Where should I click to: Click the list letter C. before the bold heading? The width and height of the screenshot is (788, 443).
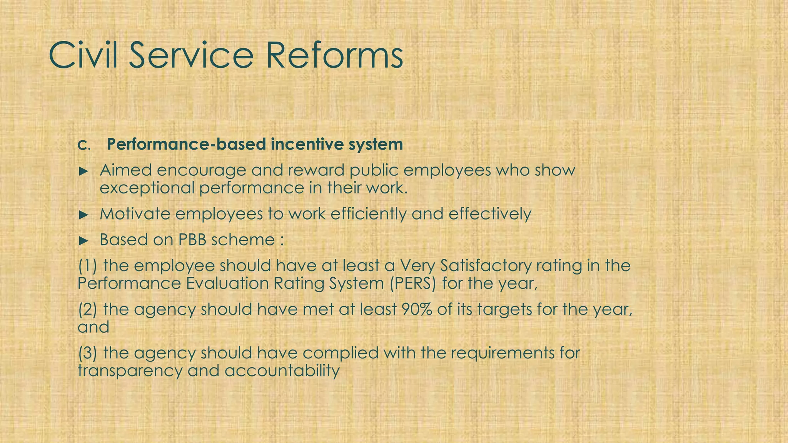click(x=83, y=145)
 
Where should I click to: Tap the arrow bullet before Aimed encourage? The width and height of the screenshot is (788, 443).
click(x=83, y=171)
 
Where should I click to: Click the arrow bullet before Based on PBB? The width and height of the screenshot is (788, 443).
click(x=83, y=241)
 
